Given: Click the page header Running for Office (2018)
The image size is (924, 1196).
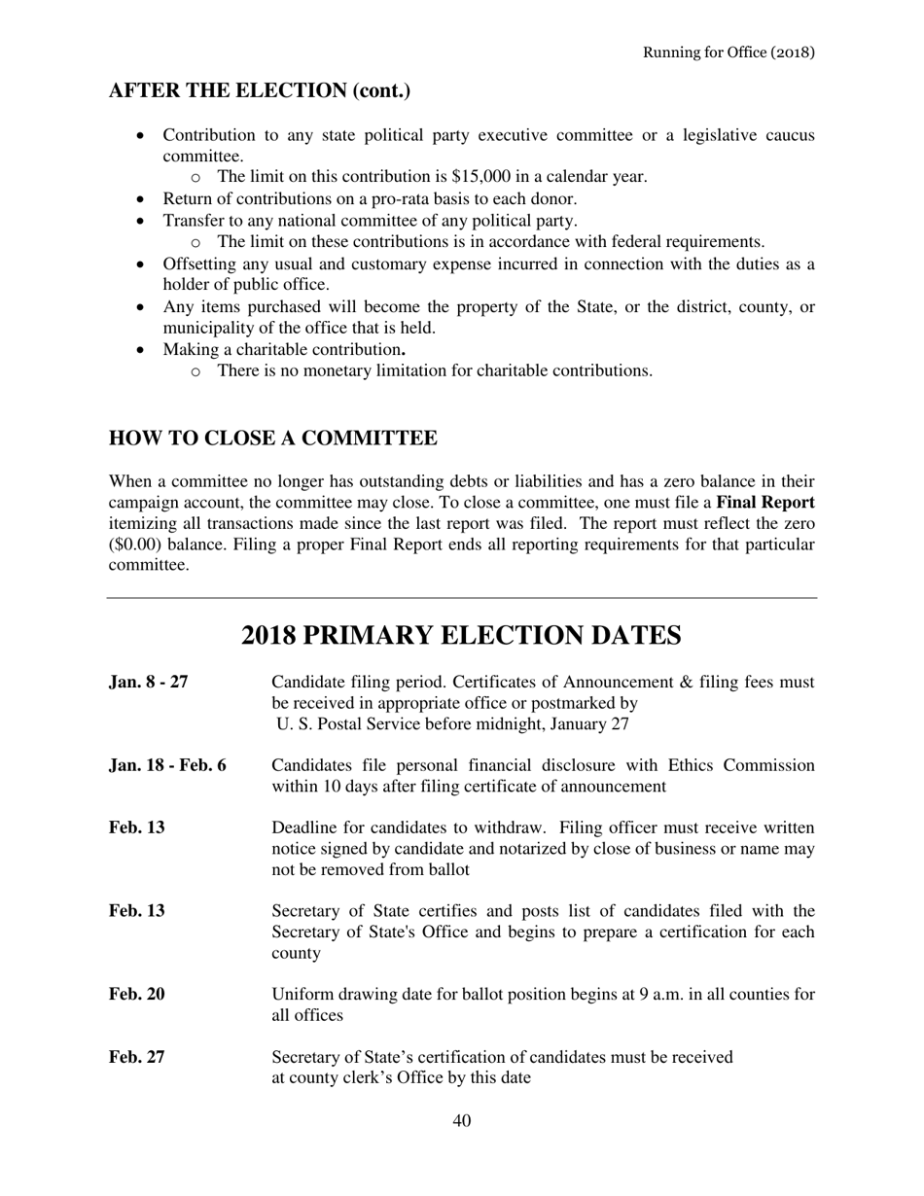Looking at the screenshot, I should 728,52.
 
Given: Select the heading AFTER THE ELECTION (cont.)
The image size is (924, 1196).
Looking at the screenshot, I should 259,91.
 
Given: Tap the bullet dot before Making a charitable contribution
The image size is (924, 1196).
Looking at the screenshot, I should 143,349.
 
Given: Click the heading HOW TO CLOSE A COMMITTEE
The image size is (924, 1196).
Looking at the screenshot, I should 272,439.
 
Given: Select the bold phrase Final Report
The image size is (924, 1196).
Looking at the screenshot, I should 764,503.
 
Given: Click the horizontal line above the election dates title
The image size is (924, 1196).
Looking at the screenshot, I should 462,598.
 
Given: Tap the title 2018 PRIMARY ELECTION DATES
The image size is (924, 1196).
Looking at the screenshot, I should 461,636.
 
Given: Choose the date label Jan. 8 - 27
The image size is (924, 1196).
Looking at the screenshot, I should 149,682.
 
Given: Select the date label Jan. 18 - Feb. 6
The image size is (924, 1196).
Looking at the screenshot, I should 167,765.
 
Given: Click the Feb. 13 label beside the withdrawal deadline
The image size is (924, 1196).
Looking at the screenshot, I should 136,828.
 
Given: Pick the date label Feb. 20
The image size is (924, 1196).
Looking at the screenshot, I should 136,995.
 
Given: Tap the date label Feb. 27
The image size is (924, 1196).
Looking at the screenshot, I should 136,1057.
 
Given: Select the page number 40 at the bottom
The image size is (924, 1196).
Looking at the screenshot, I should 462,1121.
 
